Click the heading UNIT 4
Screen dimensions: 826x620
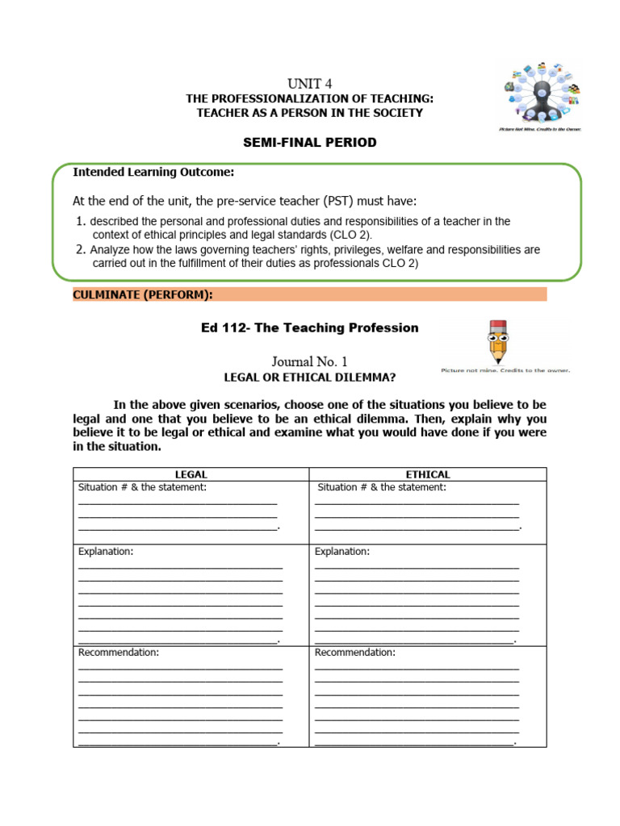[309, 83]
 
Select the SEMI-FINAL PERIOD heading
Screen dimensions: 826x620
[310, 143]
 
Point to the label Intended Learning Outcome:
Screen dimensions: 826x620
[154, 172]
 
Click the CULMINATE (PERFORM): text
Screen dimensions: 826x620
[143, 294]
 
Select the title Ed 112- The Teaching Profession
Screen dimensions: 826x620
[310, 327]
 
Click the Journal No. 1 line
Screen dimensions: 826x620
[310, 362]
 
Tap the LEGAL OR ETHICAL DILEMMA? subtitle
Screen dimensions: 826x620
[310, 378]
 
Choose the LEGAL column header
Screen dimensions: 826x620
[191, 474]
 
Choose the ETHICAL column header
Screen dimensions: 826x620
[428, 474]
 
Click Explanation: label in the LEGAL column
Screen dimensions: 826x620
[106, 552]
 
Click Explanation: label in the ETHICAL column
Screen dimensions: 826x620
[342, 552]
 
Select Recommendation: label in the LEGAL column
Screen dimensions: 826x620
[119, 652]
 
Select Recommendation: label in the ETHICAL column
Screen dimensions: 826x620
[355, 652]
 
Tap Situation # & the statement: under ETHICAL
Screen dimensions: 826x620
[382, 487]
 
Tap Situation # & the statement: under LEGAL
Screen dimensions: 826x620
[143, 487]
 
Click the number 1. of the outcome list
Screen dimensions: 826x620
[80, 221]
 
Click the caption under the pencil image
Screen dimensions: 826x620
[505, 370]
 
